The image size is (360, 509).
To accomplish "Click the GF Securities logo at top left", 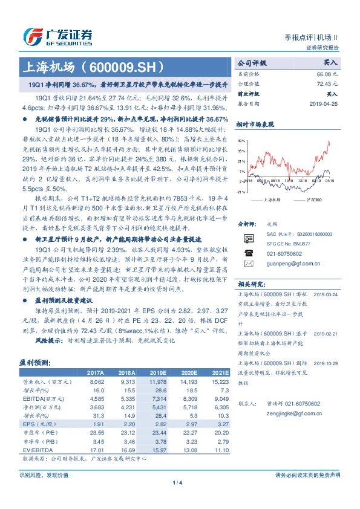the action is pos(57,36).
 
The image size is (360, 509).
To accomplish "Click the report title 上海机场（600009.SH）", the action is pos(76,66).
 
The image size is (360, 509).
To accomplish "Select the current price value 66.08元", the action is pos(326,73).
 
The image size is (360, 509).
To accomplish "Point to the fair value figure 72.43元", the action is pos(326,83).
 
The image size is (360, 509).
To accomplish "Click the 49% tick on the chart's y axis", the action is pos(242,140).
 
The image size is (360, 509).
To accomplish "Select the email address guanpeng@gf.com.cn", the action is pos(293,263).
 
